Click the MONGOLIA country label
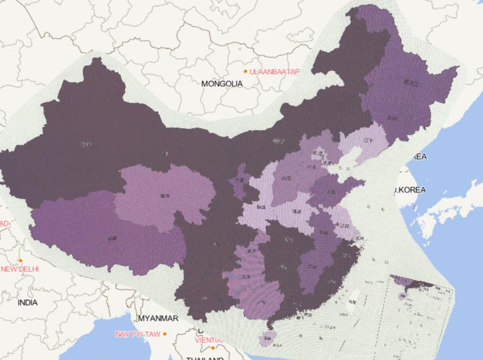coord(222,84)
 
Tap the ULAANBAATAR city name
coord(274,72)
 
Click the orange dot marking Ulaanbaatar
coord(245,72)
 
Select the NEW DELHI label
coord(19,269)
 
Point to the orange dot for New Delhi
coord(21,260)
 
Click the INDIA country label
coord(27,302)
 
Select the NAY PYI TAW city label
coord(138,334)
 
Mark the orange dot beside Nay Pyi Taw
coord(165,334)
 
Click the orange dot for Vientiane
coord(213,347)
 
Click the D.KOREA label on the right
coord(409,190)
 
